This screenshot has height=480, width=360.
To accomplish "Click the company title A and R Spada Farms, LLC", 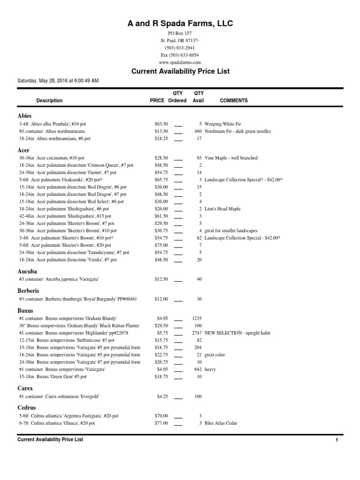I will (x=180, y=23).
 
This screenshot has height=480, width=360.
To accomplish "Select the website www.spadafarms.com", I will (x=180, y=62).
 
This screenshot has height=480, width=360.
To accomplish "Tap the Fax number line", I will (x=180, y=55).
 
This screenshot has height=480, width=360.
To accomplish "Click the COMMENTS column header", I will (x=233, y=100).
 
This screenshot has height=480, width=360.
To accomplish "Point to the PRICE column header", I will (x=157, y=100).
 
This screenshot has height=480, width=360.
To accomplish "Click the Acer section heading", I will (x=23, y=150).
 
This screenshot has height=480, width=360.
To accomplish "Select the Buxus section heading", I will (x=25, y=310).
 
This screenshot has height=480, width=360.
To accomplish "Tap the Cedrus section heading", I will (x=27, y=408).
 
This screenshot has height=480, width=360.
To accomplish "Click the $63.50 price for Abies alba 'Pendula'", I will (x=161, y=124).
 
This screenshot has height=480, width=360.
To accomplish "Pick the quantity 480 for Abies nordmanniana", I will (x=197, y=131).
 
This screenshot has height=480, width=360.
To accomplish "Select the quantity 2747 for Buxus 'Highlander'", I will (x=196, y=333).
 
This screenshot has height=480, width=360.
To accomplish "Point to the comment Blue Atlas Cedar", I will (x=221, y=423).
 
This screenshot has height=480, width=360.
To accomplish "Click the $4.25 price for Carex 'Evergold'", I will (x=162, y=397).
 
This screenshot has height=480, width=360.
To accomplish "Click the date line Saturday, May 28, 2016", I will (x=58, y=81).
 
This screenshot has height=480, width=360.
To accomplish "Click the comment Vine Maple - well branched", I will (x=231, y=158).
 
